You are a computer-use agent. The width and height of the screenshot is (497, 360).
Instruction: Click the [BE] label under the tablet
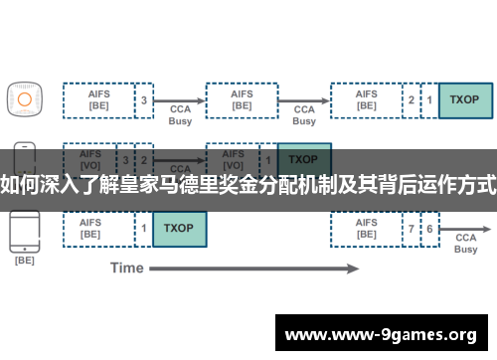pos(24,261)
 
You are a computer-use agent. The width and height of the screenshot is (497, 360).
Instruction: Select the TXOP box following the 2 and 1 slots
pos(464,99)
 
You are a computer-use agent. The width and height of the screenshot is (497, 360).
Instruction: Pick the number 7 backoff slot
pos(412,229)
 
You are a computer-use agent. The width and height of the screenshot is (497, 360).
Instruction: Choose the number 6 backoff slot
pos(429,229)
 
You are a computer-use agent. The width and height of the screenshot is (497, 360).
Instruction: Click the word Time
pos(126,268)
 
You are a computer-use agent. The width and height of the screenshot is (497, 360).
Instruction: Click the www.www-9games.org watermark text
pos(381,334)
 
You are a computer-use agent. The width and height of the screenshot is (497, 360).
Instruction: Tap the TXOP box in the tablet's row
pos(179,229)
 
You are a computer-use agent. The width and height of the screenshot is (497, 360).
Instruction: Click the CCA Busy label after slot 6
pos(465,244)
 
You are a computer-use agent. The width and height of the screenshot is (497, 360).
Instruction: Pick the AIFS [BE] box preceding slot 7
pos(367,229)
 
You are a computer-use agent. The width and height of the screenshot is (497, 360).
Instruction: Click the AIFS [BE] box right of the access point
pos(98,99)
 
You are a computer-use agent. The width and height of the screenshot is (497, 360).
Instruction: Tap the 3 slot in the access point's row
pos(144,99)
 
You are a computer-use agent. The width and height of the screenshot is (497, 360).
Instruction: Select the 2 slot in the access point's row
pos(412,99)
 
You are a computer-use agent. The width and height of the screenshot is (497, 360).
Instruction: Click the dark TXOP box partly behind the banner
pos(303,159)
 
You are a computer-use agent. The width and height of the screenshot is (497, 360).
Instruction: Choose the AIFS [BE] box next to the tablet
pos(98,229)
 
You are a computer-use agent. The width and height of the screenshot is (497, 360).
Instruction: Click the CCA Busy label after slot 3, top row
pos(180,114)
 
